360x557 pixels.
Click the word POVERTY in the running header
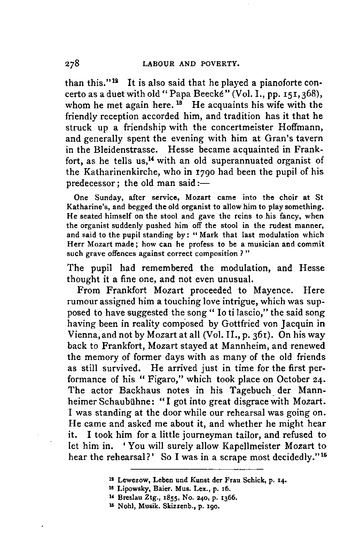point(221,64)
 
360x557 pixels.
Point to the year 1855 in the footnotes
point(155,497)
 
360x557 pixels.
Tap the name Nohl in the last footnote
point(125,505)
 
